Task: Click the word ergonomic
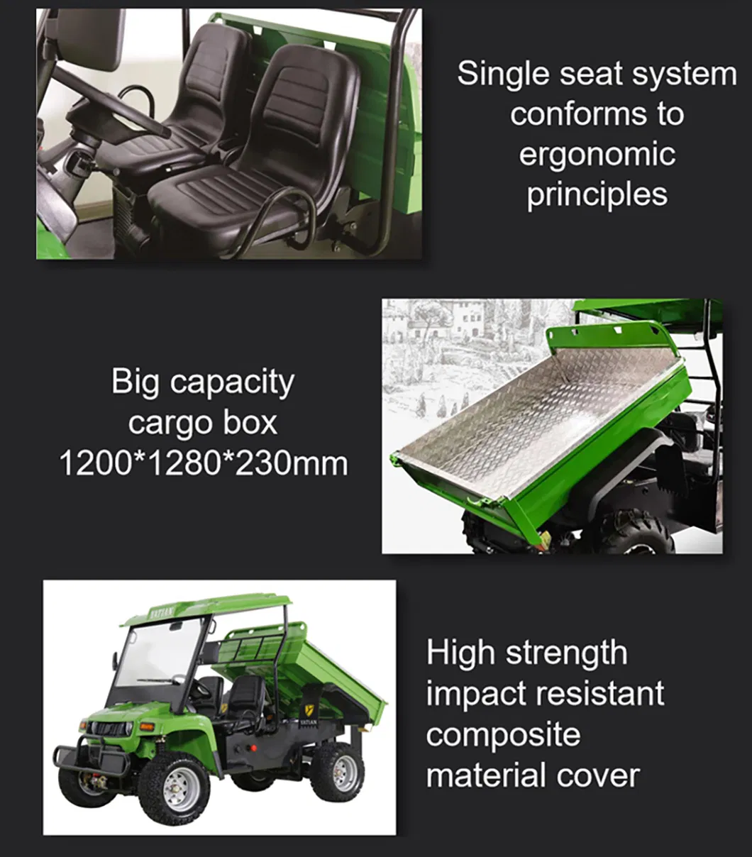coord(597,155)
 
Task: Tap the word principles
coord(597,194)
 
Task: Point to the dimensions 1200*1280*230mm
coord(203,463)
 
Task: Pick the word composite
coord(503,734)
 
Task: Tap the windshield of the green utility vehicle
coord(159,656)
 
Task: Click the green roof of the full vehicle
coord(206,609)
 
